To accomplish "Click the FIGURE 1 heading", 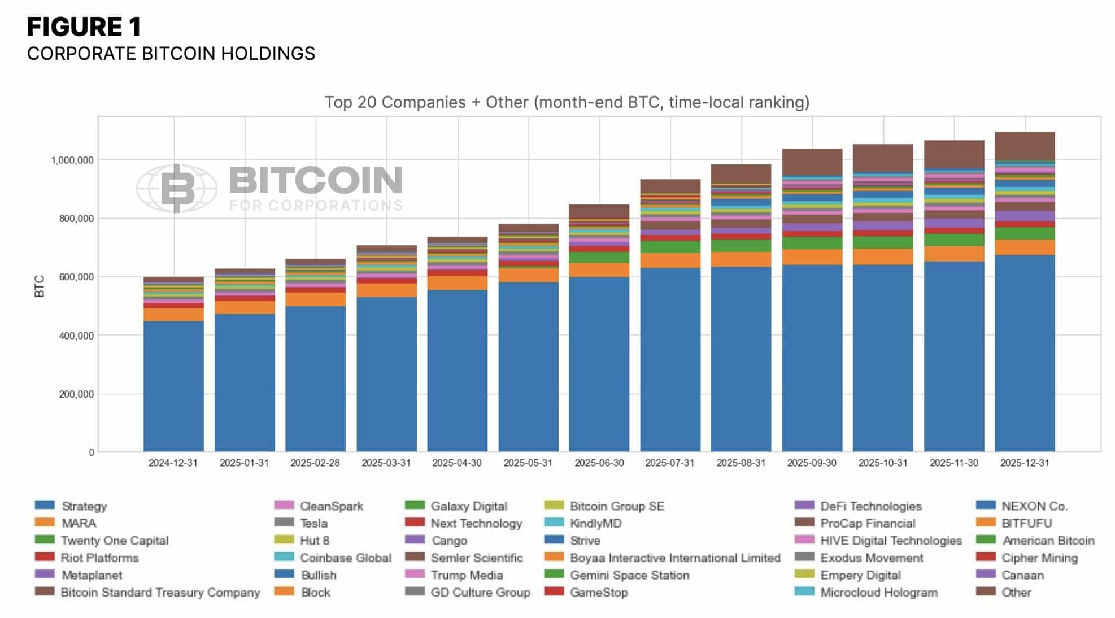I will point(84,27).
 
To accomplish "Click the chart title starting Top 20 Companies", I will point(567,102).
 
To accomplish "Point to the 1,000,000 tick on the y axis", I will point(72,160).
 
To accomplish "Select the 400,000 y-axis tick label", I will point(76,336).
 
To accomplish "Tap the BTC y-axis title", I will point(39,286).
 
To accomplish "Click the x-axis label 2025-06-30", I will point(599,463).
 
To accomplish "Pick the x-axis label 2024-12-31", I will point(173,463).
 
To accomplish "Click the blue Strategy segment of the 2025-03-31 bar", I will point(386,373).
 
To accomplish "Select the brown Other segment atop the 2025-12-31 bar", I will point(1024,146).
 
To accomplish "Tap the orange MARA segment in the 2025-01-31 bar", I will point(245,307).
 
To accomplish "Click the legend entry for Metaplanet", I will point(92,575).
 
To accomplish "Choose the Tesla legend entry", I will point(313,523).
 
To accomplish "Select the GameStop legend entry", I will point(599,592).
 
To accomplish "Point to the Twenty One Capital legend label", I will point(115,541).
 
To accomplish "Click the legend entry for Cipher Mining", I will point(1039,558).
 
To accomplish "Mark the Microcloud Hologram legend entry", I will point(878,592).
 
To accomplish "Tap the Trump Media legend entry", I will point(467,575).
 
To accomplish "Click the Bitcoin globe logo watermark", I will point(177,189).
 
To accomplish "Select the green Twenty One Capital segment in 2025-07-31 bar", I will point(670,247).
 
